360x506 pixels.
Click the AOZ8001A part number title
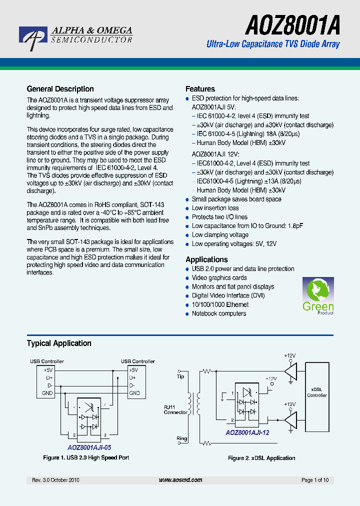[x=292, y=24]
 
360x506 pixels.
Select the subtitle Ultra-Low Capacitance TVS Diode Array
[x=273, y=44]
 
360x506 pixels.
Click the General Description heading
[x=60, y=89]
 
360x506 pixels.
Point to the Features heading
[x=200, y=89]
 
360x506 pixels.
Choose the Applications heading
[x=206, y=259]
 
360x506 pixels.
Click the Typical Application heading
[x=59, y=343]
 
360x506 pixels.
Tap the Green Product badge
[x=318, y=296]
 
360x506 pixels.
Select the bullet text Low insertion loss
[x=215, y=208]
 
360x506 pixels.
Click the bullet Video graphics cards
[x=219, y=277]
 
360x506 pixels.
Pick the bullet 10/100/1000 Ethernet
[x=220, y=304]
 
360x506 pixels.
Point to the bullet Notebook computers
[x=219, y=313]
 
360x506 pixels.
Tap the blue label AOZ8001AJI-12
[x=247, y=432]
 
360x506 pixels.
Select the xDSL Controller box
[x=317, y=392]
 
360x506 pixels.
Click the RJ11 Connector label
[x=175, y=409]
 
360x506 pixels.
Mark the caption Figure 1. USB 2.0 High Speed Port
[x=86, y=457]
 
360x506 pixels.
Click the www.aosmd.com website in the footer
[x=180, y=480]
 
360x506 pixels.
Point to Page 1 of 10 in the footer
[x=315, y=480]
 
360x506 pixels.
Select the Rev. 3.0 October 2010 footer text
[x=55, y=480]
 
